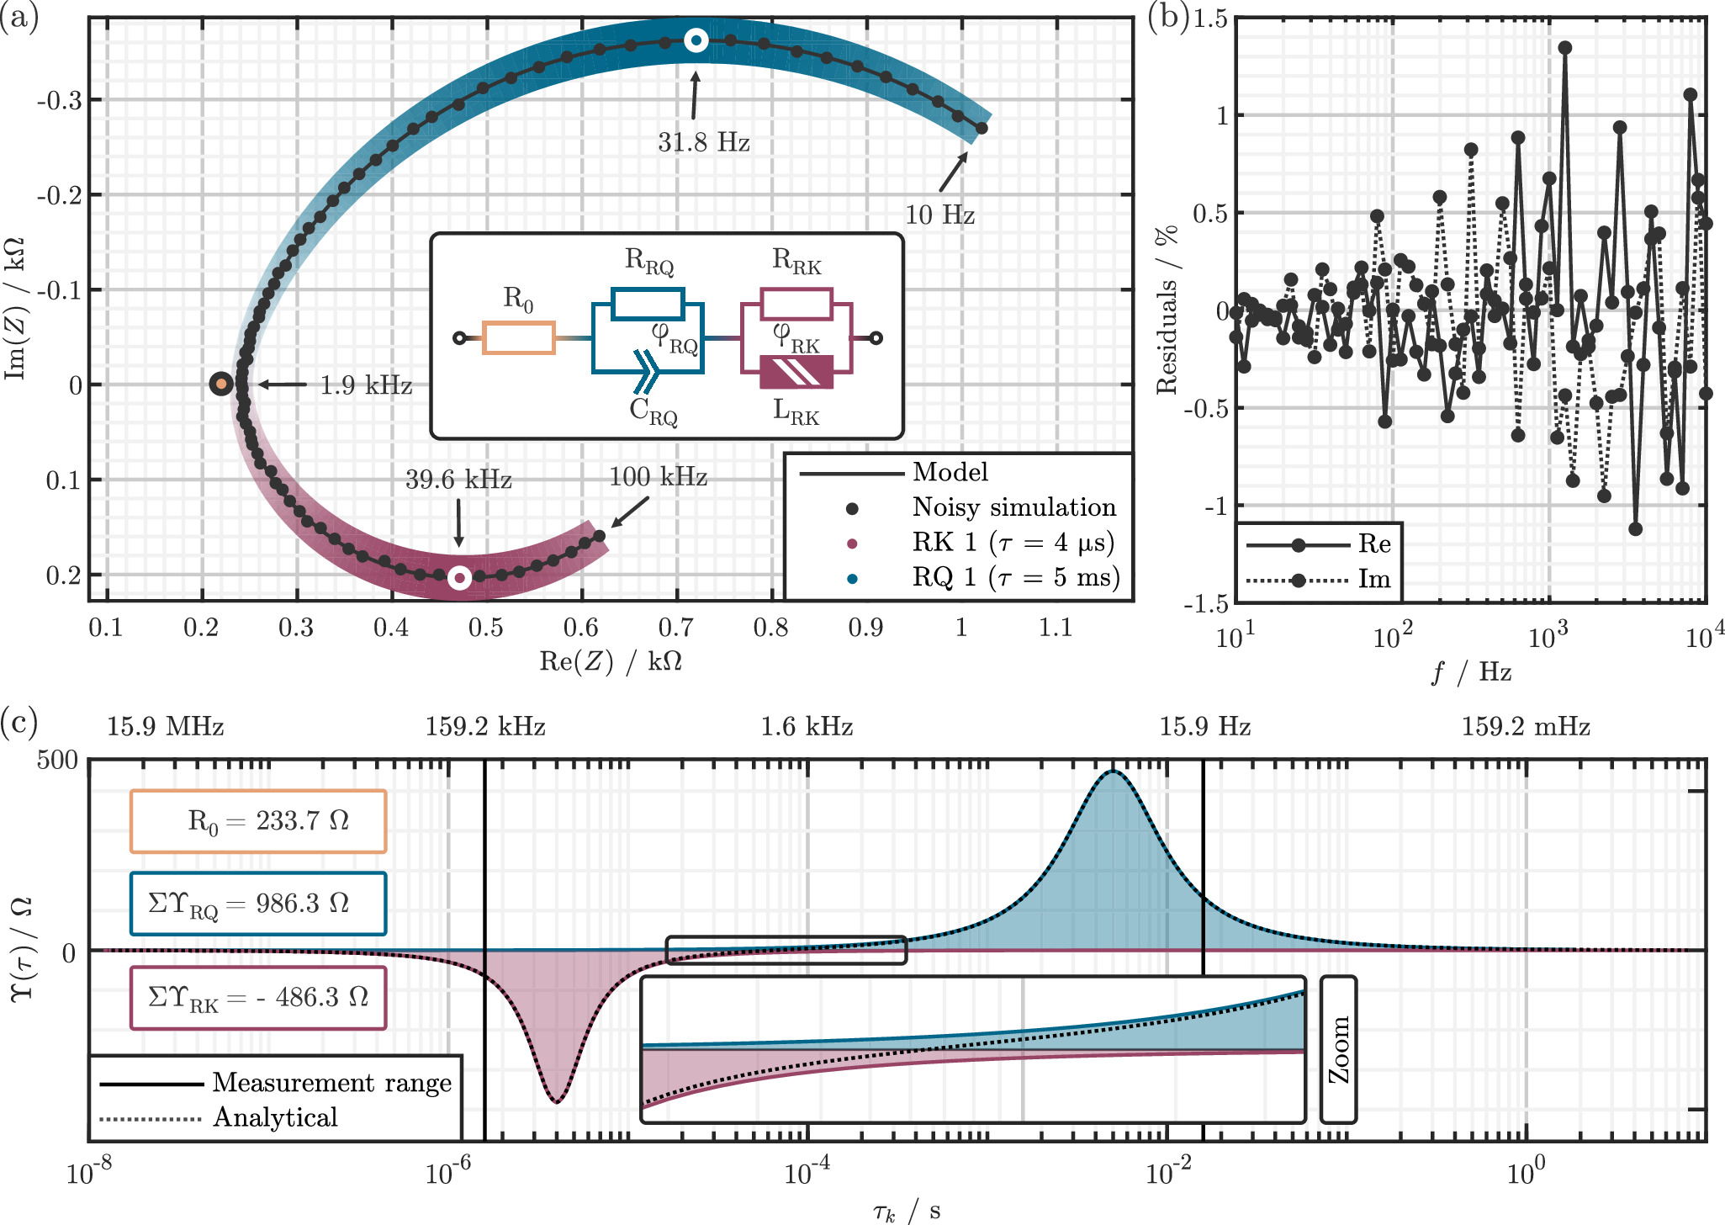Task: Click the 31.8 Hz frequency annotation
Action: coord(703,142)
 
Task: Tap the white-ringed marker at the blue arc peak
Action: coord(696,40)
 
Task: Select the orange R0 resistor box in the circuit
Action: coord(518,337)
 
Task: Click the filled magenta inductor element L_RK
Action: coord(796,372)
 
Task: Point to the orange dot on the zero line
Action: coord(221,384)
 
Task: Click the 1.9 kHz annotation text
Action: coord(366,385)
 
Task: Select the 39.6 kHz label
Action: coord(458,480)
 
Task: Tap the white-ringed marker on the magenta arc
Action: coord(459,578)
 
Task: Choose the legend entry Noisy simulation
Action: coord(1013,507)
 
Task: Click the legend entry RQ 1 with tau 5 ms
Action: coord(1015,578)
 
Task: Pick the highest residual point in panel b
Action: coord(1564,48)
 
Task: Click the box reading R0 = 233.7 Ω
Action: coord(258,821)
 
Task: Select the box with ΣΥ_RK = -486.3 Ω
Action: coord(258,998)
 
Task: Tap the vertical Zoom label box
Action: coord(1338,1049)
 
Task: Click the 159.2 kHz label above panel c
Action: coord(485,727)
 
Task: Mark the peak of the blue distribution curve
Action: coord(1113,771)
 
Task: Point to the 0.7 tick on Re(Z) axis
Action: coord(676,628)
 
